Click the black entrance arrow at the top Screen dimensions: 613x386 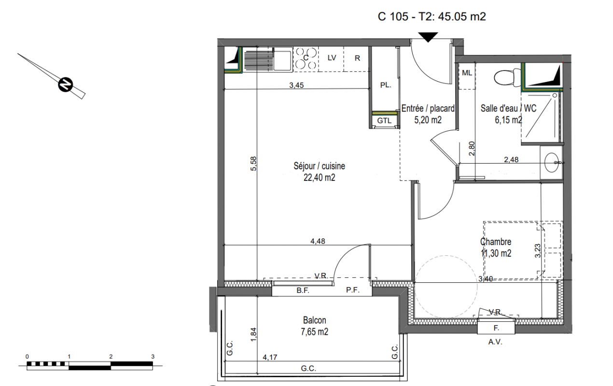click(428, 37)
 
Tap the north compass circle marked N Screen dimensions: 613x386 click(66, 84)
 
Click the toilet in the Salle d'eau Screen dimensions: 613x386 click(508, 77)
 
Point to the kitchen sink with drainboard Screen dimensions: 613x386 click(267, 59)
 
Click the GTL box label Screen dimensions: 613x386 click(384, 121)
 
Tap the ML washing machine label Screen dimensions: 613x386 click(467, 73)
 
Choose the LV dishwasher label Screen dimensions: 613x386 click(332, 58)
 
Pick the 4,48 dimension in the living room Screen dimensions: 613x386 click(318, 241)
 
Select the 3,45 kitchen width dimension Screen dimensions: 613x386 click(296, 85)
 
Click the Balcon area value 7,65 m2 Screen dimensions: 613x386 click(314, 332)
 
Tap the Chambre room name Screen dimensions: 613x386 click(496, 242)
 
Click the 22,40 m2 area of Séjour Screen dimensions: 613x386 click(320, 178)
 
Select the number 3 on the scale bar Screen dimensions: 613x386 click(153, 357)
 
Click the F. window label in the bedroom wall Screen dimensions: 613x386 click(496, 328)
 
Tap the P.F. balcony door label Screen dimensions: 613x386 click(352, 290)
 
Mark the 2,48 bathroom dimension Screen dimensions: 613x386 click(511, 160)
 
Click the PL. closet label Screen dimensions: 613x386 click(386, 85)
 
